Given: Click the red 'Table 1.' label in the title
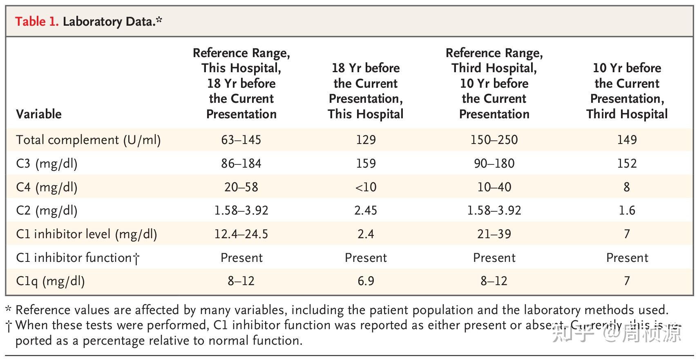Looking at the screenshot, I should pos(37,21).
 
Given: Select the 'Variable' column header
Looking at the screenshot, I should pos(39,114).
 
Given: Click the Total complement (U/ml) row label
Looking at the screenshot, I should pos(88,140).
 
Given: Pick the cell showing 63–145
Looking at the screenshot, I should pos(241,140).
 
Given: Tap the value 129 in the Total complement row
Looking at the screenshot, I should pos(366,140).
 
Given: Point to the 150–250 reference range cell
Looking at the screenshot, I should pos(494,140).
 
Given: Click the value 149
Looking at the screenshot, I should pos(627,140).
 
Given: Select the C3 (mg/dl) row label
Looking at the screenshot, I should pos(47,164).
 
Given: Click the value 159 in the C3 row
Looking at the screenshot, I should pos(366,164).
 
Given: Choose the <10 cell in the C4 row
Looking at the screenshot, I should pos(366,187).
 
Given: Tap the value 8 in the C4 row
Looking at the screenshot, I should pos(627,187).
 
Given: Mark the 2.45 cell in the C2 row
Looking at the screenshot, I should pos(366,210).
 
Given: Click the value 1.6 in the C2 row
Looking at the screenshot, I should pos(627,210).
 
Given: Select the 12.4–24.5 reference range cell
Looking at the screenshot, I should pos(241,234).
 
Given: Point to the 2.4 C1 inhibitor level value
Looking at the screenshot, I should pos(366,234).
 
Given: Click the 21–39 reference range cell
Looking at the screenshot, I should pos(494,234).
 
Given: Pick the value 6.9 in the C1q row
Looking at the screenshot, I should pos(366,281).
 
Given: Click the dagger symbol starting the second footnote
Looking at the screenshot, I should pos(9,326).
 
